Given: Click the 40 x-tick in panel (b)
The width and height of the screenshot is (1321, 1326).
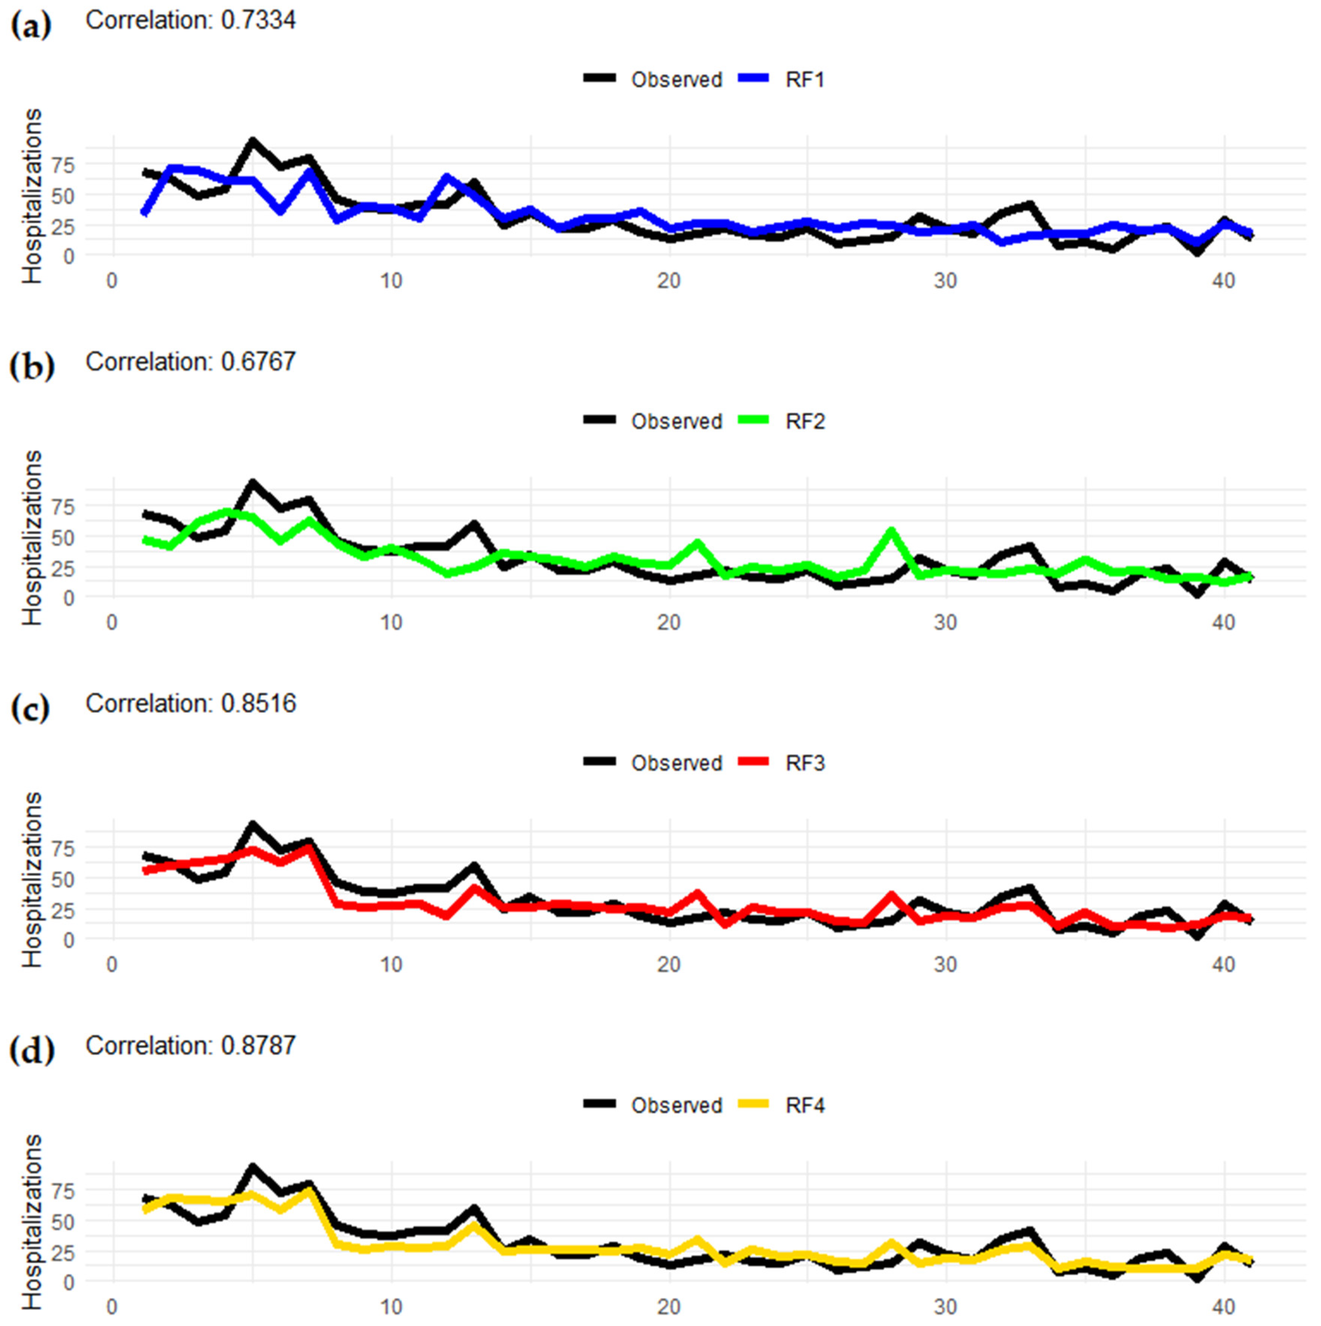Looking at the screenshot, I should point(1223,623).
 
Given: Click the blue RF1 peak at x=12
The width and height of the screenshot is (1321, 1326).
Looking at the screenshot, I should point(447,178).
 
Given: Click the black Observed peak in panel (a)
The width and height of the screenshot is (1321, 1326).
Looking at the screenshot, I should point(253,141).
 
